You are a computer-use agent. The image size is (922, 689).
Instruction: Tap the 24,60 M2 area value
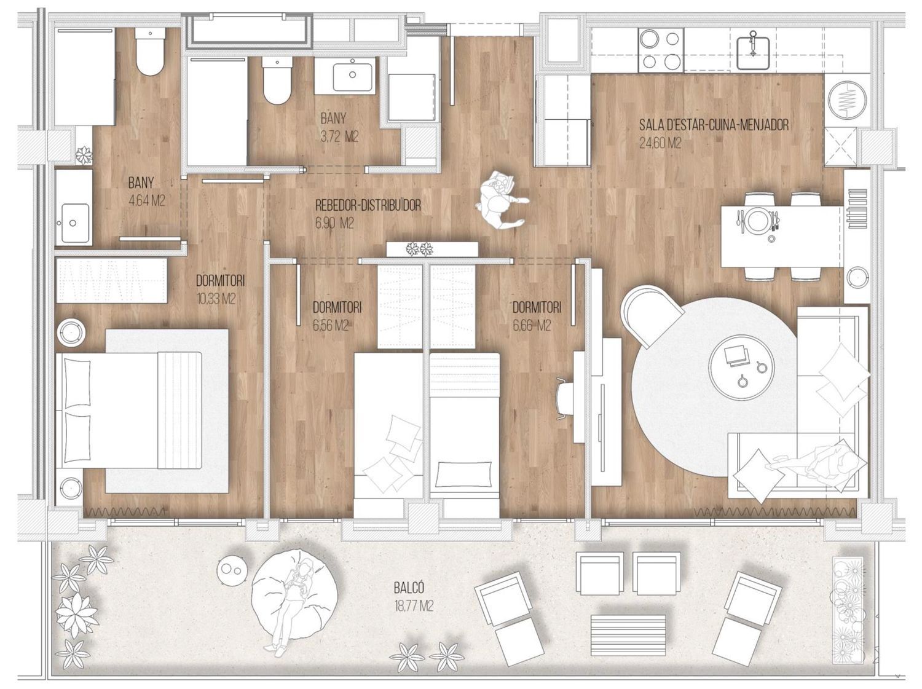click(660, 143)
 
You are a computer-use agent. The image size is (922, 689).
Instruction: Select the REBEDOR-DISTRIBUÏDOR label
click(368, 206)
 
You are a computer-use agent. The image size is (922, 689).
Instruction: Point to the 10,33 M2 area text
click(216, 299)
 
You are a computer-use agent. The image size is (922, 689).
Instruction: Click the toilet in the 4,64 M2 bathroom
click(149, 52)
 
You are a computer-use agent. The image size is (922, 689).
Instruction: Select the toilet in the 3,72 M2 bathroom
click(277, 80)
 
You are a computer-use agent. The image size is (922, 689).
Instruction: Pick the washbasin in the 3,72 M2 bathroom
click(353, 77)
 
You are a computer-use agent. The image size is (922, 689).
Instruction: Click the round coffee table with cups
click(741, 372)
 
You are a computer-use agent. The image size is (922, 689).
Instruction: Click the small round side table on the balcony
click(232, 569)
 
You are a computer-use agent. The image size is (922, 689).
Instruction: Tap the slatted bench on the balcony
click(628, 632)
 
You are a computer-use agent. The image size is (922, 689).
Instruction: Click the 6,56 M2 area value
click(331, 326)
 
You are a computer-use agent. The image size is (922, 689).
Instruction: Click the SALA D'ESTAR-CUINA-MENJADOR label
click(714, 125)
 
